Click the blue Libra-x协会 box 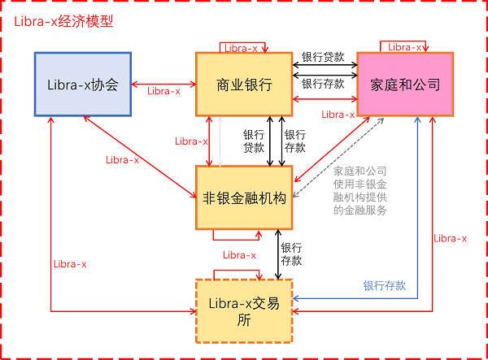click(x=83, y=85)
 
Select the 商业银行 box click(x=244, y=85)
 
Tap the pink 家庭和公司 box click(x=405, y=85)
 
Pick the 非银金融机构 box click(x=244, y=197)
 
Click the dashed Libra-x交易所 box click(x=244, y=311)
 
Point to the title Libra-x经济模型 click(x=63, y=21)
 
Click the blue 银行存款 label click(x=385, y=286)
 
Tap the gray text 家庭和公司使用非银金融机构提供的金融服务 click(x=360, y=191)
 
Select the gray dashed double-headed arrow click(x=338, y=158)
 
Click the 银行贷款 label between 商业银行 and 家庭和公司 click(x=323, y=57)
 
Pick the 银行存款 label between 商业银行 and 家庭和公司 click(x=323, y=84)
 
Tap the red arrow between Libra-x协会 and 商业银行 click(x=163, y=84)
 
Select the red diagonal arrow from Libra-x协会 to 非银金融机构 click(x=140, y=157)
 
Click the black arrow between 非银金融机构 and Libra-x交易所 click(x=278, y=254)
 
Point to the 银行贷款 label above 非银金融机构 click(x=254, y=141)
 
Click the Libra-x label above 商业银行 click(x=241, y=48)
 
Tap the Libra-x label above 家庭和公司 click(x=404, y=47)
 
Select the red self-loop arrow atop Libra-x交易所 click(x=237, y=270)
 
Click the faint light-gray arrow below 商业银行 click(x=220, y=141)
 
